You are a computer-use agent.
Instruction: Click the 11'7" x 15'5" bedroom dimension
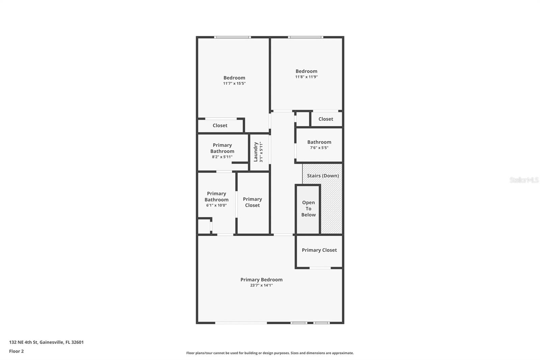[234, 83]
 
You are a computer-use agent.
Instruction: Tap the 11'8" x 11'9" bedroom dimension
[306, 77]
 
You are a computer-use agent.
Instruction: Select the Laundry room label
[255, 152]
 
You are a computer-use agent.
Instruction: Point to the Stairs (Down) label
[323, 176]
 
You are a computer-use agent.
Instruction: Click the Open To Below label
[308, 209]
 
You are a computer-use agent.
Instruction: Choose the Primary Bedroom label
[262, 280]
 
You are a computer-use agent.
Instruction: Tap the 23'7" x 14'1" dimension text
[262, 285]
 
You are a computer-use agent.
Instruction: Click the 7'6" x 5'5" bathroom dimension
[319, 148]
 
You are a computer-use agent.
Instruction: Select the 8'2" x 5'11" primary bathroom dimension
[222, 157]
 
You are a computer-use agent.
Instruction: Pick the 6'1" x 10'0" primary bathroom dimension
[216, 205]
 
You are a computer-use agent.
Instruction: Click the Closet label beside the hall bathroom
[326, 119]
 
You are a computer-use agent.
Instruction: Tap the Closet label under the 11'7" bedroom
[220, 125]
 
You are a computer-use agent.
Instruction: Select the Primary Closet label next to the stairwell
[319, 250]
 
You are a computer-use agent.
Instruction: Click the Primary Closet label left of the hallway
[252, 202]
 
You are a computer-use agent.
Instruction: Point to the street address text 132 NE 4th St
[46, 342]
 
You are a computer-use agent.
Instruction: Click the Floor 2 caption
[16, 351]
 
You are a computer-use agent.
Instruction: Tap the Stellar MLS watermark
[524, 180]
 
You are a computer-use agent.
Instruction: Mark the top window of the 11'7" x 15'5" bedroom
[233, 37]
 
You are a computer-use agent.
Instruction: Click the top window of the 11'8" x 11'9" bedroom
[305, 37]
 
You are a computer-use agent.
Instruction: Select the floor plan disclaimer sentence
[270, 353]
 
